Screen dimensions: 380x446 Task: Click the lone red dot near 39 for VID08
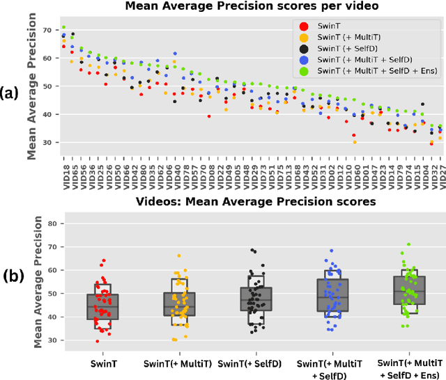[209, 116]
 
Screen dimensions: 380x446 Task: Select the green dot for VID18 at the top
[63, 28]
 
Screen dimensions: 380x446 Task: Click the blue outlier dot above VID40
[174, 54]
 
